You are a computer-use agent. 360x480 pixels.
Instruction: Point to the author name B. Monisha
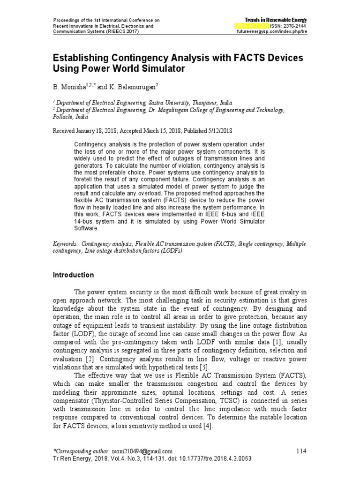(x=68, y=87)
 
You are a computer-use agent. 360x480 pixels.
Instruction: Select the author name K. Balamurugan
(x=135, y=87)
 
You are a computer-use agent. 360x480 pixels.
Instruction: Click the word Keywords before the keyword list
(x=65, y=244)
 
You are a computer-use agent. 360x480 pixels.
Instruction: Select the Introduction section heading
(x=73, y=275)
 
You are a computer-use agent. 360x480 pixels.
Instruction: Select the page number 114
(x=300, y=451)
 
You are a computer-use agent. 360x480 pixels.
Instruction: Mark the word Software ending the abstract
(x=86, y=228)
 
